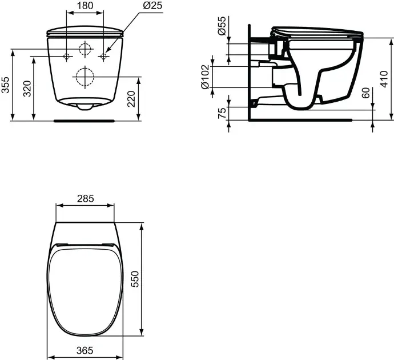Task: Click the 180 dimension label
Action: (85, 5)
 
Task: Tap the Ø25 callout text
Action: (153, 5)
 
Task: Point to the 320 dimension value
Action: (27, 89)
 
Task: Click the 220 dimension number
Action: (131, 99)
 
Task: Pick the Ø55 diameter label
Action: (222, 26)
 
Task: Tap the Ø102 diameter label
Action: (206, 77)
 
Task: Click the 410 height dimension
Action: (384, 79)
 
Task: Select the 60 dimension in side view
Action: (367, 93)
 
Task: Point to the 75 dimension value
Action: (222, 113)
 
